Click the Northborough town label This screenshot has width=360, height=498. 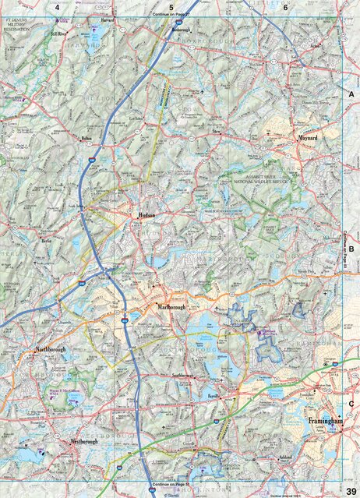[51, 350]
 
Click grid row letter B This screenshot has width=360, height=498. [351, 250]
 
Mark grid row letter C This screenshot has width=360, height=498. [351, 403]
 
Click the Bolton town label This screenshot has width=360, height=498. [86, 139]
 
